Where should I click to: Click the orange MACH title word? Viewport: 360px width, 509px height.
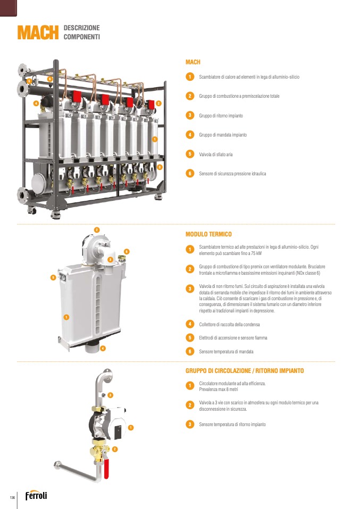(x=38, y=32)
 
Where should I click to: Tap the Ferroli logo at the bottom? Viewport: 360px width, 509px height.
(x=36, y=495)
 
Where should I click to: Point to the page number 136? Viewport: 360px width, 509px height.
(x=12, y=497)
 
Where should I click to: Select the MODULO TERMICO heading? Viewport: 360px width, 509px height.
(x=208, y=234)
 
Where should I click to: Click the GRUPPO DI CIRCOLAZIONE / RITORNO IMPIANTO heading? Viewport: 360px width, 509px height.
(x=245, y=371)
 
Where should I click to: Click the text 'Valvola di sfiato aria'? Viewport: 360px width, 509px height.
(x=216, y=155)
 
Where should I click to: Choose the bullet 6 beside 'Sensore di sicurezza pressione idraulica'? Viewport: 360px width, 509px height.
(x=190, y=173)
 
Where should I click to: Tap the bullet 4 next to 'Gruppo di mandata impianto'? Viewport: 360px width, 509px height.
(x=190, y=134)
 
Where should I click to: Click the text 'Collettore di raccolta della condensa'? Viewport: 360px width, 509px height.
(x=229, y=324)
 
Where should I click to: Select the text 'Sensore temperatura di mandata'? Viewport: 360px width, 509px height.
(x=226, y=352)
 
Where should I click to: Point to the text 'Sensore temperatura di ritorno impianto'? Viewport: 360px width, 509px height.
(x=232, y=425)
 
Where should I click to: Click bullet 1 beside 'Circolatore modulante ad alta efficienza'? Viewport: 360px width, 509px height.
(x=190, y=386)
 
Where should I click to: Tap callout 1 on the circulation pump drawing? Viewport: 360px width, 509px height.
(x=131, y=428)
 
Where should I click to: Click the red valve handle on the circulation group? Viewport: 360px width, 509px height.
(x=106, y=469)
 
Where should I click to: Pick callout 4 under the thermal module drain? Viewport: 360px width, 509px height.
(x=103, y=349)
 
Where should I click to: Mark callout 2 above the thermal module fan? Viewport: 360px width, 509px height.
(x=97, y=230)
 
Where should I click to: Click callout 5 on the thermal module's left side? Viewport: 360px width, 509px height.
(x=53, y=277)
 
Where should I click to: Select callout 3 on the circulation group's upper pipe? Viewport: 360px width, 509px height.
(x=110, y=395)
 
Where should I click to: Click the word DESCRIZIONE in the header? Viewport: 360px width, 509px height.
(x=81, y=28)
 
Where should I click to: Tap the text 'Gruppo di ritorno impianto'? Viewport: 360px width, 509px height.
(x=221, y=116)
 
